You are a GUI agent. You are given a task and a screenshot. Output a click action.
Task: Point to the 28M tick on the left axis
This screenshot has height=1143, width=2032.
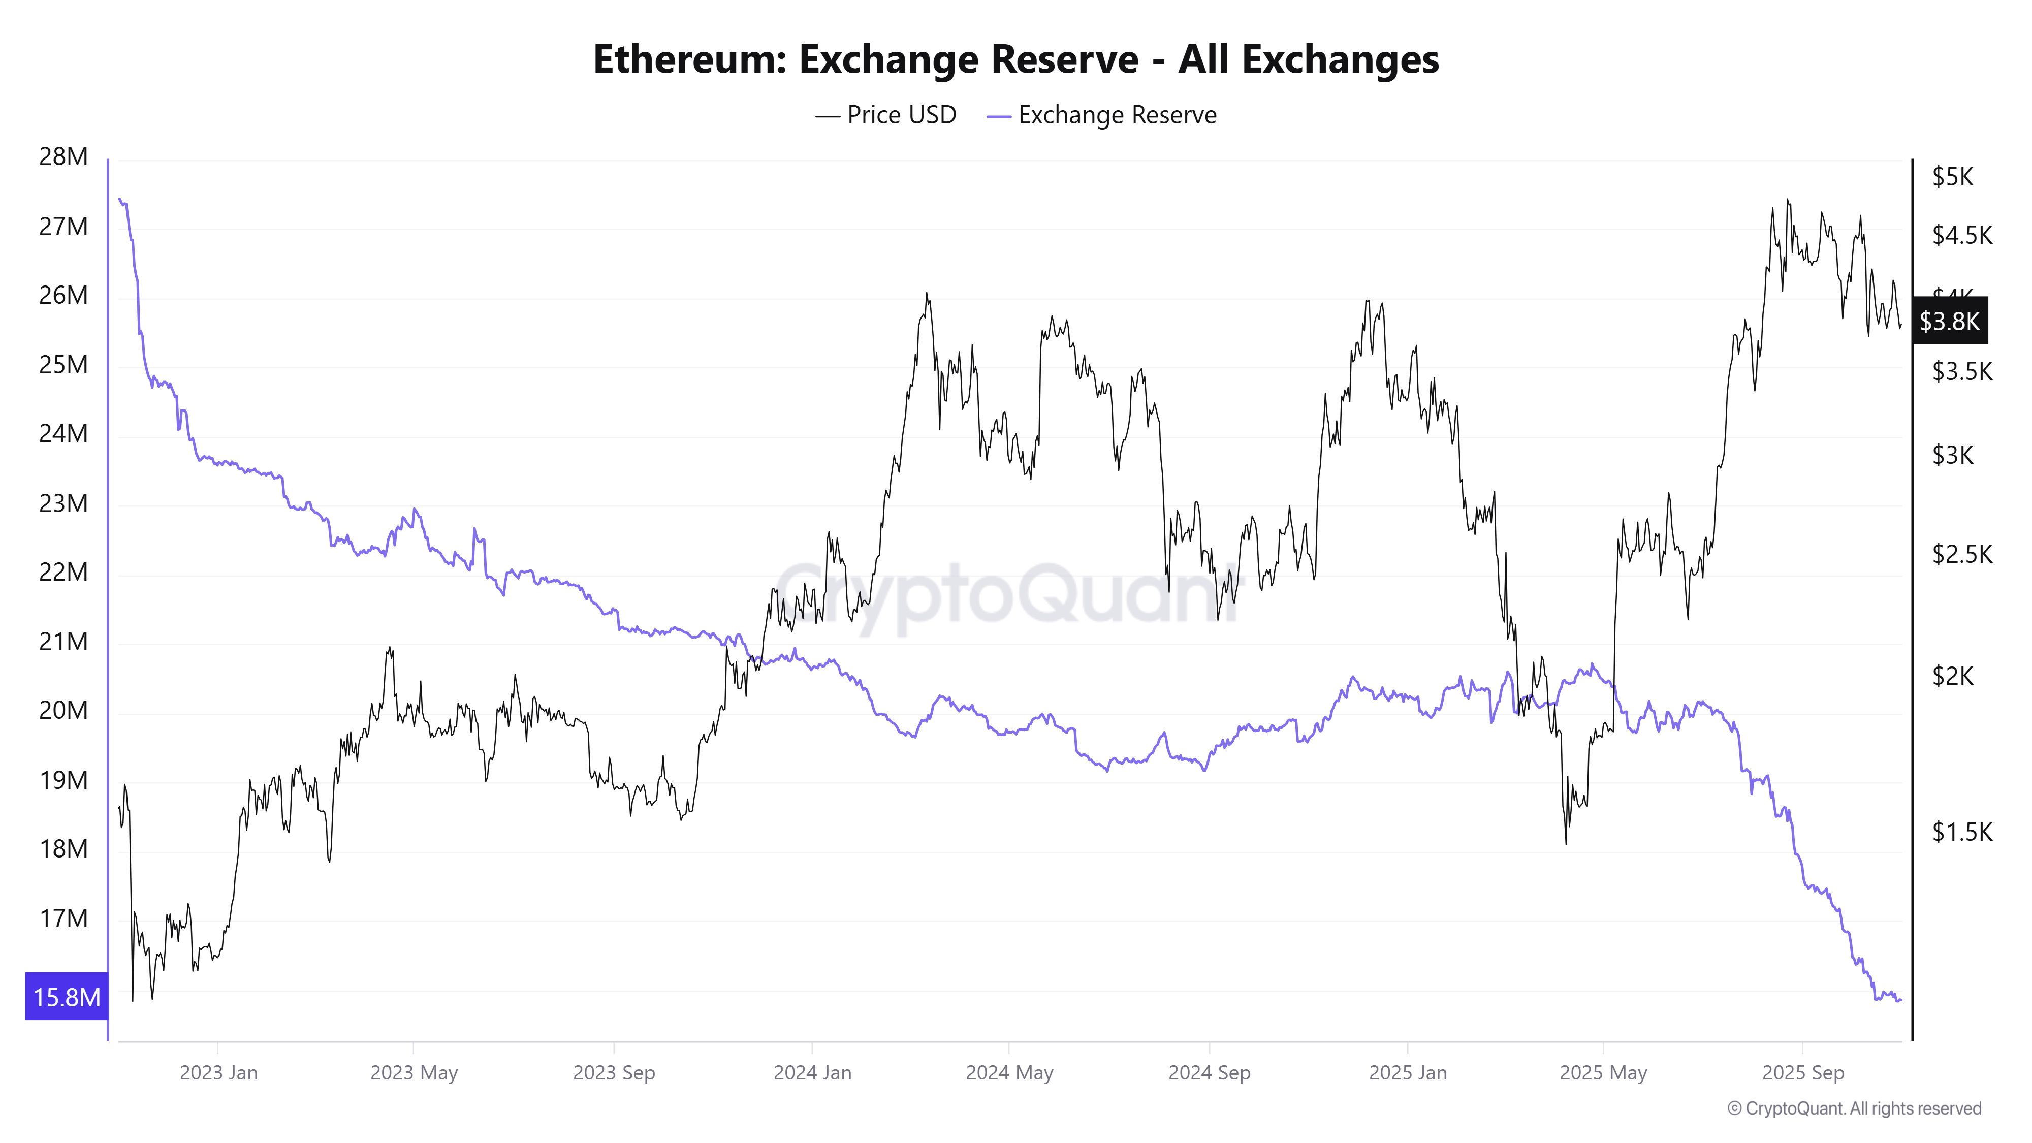coord(63,157)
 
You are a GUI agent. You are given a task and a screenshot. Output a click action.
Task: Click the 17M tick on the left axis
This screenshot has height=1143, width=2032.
coord(63,918)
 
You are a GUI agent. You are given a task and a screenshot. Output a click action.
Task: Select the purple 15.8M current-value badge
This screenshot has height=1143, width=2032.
coord(66,997)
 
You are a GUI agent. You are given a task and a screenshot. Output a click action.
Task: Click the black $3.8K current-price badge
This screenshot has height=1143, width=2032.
coord(1948,321)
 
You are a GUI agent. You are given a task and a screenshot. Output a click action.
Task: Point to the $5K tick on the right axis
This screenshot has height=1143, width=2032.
coord(1952,177)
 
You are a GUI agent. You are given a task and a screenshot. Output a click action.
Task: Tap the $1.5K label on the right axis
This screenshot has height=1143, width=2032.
coord(1961,832)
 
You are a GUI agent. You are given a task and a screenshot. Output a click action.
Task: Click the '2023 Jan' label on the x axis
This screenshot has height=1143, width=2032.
coord(218,1073)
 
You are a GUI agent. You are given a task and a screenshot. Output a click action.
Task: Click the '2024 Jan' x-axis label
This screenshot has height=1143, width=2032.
coord(812,1073)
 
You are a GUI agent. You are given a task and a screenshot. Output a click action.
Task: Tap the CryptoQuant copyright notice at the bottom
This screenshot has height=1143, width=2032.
coord(1854,1108)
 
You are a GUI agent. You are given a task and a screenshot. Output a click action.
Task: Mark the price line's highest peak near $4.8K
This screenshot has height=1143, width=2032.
coord(1788,200)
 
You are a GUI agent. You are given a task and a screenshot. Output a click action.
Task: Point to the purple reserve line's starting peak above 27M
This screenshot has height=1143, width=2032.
coord(119,199)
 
